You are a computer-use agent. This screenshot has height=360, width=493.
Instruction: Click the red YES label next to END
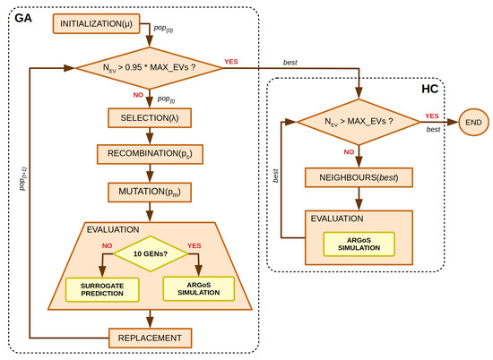click(431, 116)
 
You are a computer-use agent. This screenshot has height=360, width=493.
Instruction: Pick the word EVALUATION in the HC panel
click(337, 218)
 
